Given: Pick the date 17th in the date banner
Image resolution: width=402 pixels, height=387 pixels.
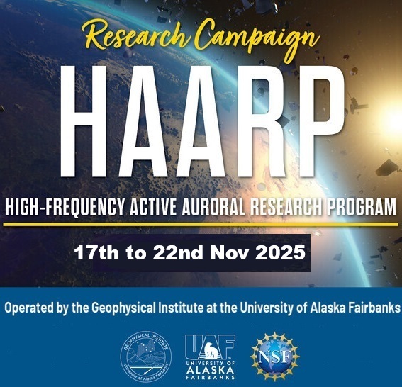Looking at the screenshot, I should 96,252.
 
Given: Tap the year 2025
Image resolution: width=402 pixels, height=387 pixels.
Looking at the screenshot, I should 280,252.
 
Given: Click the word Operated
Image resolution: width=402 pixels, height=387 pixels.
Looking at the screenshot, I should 29,308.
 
